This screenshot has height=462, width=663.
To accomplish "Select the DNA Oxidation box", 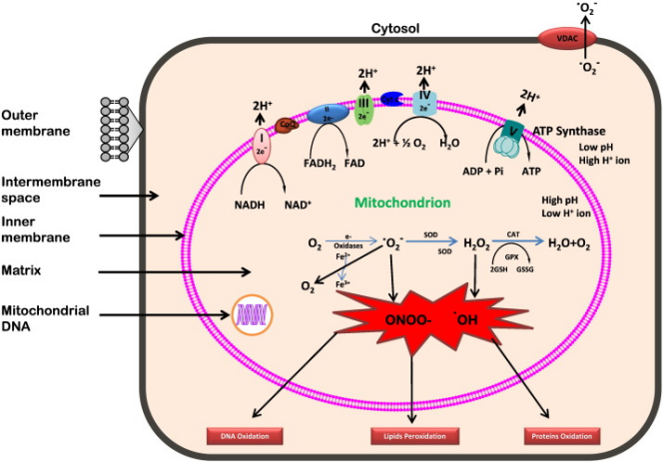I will click(246, 436).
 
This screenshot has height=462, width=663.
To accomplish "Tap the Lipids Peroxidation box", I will click(411, 436).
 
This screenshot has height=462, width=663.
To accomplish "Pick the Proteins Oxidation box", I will click(562, 436).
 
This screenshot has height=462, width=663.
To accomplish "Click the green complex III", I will click(364, 108).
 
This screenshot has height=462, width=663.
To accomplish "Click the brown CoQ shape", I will click(290, 125).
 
